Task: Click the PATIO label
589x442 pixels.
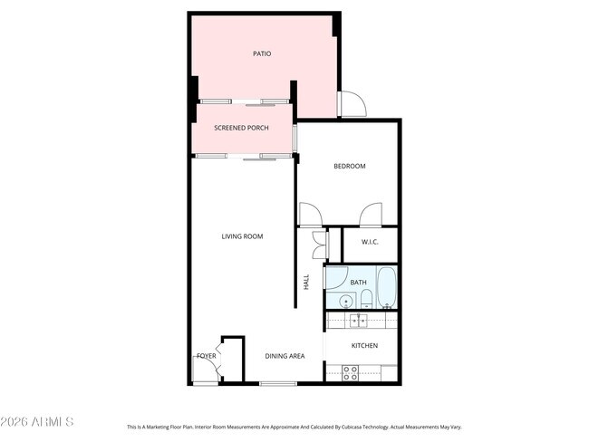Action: pyautogui.click(x=261, y=54)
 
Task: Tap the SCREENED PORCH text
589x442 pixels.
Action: pyautogui.click(x=241, y=129)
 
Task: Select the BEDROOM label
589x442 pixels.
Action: pyautogui.click(x=349, y=166)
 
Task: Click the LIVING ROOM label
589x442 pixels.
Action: pyautogui.click(x=242, y=236)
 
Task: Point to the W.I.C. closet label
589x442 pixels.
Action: pyautogui.click(x=370, y=242)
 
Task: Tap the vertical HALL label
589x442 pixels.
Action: pyautogui.click(x=306, y=282)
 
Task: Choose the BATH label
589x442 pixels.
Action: pyautogui.click(x=359, y=283)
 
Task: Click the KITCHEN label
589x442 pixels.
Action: pyautogui.click(x=364, y=346)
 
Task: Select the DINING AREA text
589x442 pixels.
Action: pyautogui.click(x=285, y=356)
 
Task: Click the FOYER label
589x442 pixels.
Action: pyautogui.click(x=207, y=356)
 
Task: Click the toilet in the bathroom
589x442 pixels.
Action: pyautogui.click(x=362, y=299)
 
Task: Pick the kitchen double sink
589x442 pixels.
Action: pyautogui.click(x=357, y=320)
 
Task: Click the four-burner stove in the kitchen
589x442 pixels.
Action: pyautogui.click(x=350, y=371)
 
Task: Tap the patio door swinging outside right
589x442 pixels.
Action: pyautogui.click(x=352, y=105)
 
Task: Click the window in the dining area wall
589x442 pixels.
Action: pyautogui.click(x=277, y=384)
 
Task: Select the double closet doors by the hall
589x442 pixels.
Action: pyautogui.click(x=317, y=245)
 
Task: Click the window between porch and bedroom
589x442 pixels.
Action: pyautogui.click(x=295, y=138)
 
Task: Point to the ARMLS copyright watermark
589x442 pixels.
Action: pyautogui.click(x=37, y=422)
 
